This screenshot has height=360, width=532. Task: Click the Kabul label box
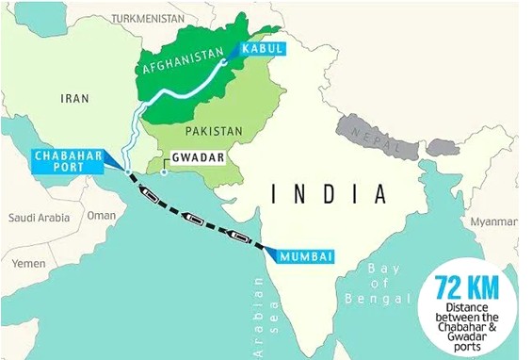pyautogui.click(x=259, y=48)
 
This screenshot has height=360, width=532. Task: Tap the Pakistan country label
pyautogui.click(x=209, y=130)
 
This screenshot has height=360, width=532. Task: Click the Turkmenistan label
pyautogui.click(x=147, y=18)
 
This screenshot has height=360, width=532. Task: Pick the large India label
pyautogui.click(x=329, y=194)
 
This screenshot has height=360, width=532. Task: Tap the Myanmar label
pyautogui.click(x=494, y=221)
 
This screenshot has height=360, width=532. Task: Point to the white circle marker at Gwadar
pyautogui.click(x=163, y=172)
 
